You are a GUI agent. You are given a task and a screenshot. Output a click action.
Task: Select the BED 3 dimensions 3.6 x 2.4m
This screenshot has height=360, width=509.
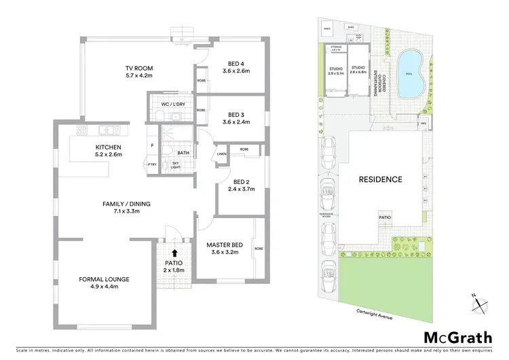click(x=237, y=122)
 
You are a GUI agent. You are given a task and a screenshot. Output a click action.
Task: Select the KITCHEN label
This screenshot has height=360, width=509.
click(x=108, y=147)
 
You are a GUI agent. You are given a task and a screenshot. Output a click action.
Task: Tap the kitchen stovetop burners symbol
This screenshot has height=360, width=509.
click(x=81, y=130)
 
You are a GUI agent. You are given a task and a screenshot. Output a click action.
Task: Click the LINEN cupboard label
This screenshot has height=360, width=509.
click(x=222, y=154)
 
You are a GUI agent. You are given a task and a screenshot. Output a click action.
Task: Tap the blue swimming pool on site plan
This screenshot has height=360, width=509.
click(x=411, y=73)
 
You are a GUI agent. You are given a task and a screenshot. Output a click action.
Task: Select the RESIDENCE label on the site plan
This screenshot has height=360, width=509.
click(x=381, y=179)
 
